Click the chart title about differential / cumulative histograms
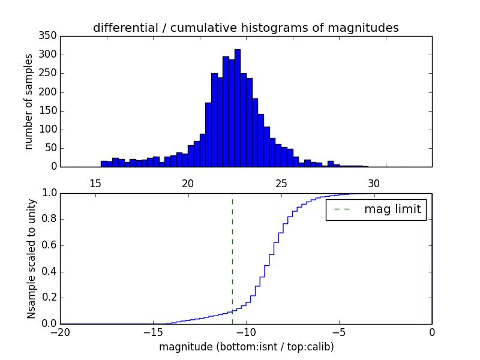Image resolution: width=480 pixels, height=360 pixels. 245,28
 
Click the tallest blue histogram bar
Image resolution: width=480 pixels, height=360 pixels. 238,108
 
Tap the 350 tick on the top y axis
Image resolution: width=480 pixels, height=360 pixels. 50,36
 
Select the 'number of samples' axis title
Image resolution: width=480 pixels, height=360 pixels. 29,101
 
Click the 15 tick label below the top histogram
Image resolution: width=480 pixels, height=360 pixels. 95,183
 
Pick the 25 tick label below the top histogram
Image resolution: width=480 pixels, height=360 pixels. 281,183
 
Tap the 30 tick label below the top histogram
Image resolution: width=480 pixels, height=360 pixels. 374,183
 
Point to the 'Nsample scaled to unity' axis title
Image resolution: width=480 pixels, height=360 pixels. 31,259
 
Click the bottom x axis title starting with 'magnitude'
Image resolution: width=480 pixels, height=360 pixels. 246,347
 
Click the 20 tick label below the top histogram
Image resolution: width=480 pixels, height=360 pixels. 188,183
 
